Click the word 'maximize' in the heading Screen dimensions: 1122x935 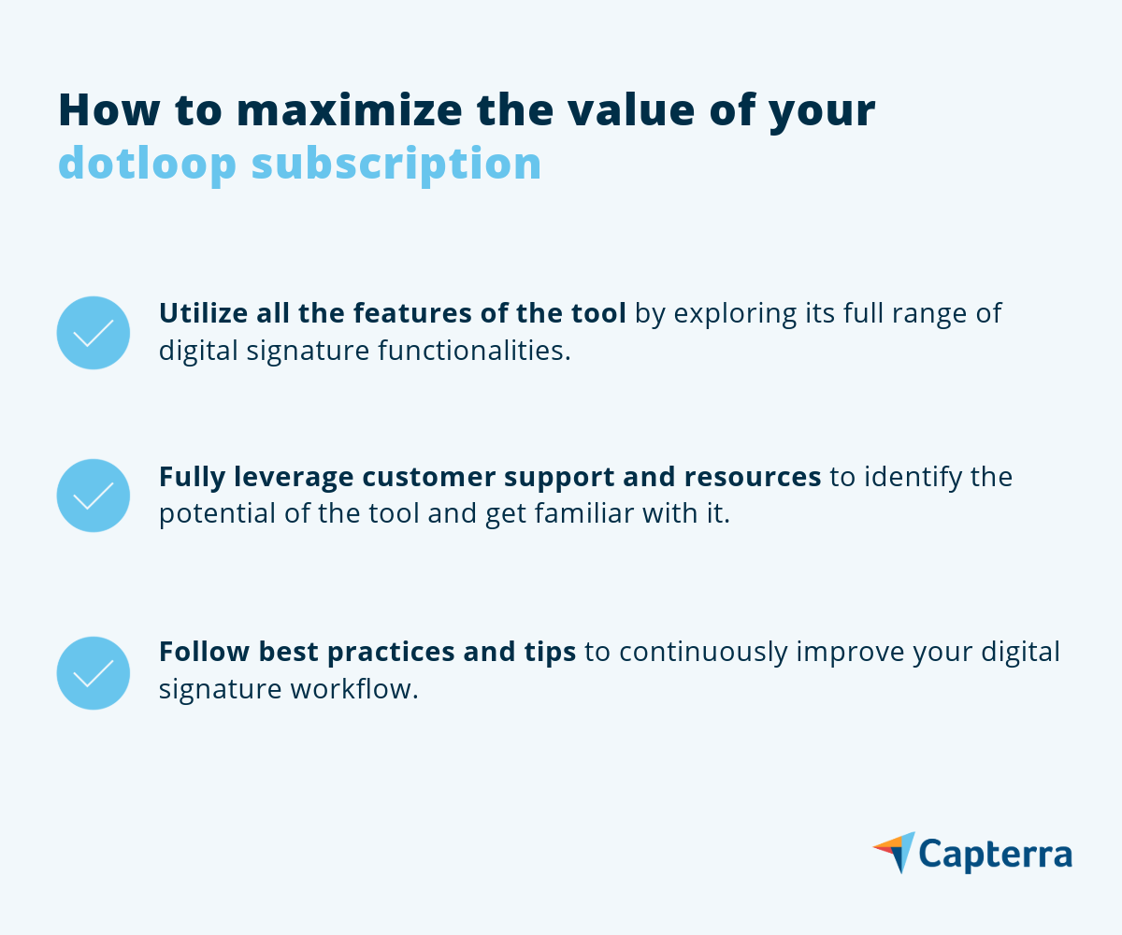(350, 110)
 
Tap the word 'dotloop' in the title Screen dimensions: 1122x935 (147, 164)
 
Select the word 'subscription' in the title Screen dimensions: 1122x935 (396, 164)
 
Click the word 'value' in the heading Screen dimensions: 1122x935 (631, 109)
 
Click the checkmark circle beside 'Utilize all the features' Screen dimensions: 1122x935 (93, 333)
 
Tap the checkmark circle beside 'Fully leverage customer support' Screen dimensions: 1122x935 (93, 496)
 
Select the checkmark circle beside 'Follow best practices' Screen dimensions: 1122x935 (93, 673)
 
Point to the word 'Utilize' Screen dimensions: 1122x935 (204, 312)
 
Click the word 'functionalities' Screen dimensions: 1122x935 (474, 350)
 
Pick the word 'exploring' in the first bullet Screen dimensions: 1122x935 (735, 314)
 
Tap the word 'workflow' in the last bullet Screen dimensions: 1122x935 (352, 689)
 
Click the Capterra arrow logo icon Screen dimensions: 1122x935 (894, 852)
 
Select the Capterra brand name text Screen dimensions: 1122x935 (996, 855)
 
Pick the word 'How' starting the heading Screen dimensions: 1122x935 (109, 110)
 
